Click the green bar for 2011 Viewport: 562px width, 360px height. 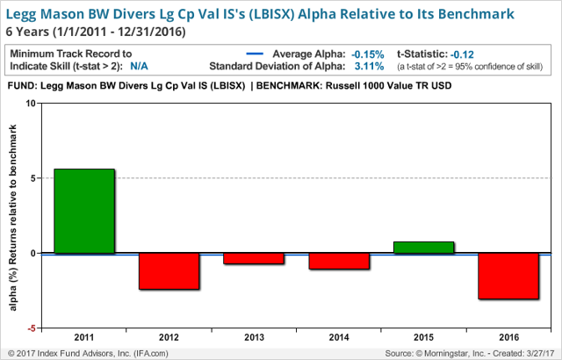(x=84, y=211)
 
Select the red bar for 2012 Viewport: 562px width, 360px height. (x=169, y=271)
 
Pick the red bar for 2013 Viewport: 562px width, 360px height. (x=254, y=259)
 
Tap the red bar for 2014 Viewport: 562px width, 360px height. (x=339, y=261)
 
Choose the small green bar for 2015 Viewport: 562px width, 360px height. (x=423, y=248)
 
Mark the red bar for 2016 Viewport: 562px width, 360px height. (x=508, y=277)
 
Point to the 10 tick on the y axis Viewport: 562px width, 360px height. (x=32, y=103)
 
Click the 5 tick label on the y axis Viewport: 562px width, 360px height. (x=33, y=178)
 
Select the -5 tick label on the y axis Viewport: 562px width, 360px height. (x=32, y=328)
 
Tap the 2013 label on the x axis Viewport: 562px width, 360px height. (x=254, y=337)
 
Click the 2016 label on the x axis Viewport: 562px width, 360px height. (x=509, y=337)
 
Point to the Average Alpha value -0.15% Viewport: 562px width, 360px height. (x=368, y=54)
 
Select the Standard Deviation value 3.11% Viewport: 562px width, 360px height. (x=369, y=66)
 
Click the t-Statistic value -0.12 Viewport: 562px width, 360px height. (x=462, y=54)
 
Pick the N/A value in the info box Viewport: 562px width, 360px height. (x=139, y=66)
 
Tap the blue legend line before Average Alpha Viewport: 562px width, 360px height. (x=255, y=54)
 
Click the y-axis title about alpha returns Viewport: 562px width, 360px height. (x=13, y=218)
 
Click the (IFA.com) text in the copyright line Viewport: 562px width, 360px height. (x=151, y=354)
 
